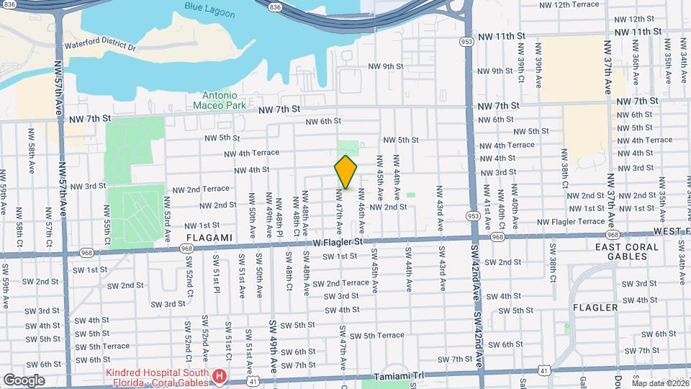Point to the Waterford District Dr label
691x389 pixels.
[x=100, y=45]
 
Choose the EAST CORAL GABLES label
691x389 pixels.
[x=626, y=253]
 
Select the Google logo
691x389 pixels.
[x=24, y=380]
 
